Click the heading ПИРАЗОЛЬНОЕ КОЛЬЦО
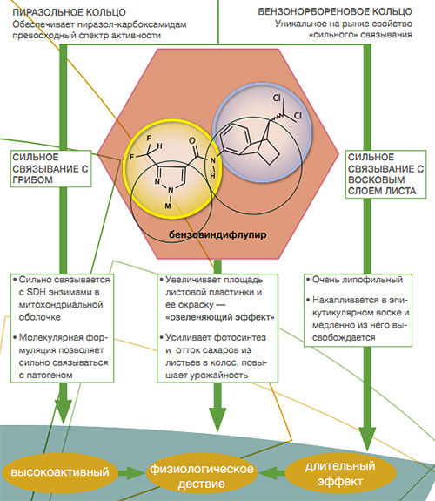coord(69,12)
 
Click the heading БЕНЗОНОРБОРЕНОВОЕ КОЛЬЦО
coord(335,12)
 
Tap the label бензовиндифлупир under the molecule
coord(217,235)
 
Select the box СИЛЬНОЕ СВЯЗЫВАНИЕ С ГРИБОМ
coord(50,169)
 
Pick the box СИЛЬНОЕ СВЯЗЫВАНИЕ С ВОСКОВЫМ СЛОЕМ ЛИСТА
coord(385,174)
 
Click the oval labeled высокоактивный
coord(60,472)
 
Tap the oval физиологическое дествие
coord(202,476)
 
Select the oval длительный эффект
coord(340,473)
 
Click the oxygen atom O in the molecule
coord(192,140)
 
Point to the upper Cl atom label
coord(277,98)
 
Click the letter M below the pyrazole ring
coord(168,206)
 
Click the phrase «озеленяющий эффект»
coord(220,318)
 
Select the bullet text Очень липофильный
coord(357,280)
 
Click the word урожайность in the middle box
coord(219,376)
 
